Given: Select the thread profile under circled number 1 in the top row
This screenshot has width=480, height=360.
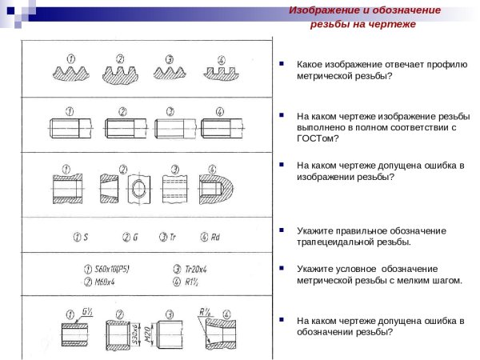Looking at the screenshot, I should point(74,73).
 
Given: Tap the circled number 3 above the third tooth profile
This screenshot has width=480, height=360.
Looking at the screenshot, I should point(170,58).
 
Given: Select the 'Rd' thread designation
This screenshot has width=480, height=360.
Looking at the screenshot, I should point(216,237).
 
